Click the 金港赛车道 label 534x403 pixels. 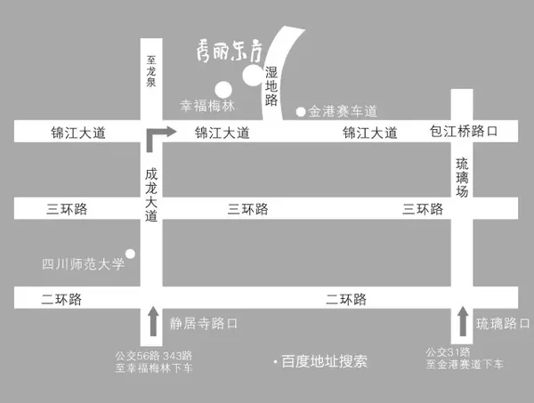343,111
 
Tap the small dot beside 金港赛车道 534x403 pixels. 301,111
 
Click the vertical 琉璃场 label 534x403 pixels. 461,177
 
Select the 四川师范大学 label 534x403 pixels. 81,263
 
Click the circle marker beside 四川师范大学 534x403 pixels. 131,254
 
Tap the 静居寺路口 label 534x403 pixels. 204,324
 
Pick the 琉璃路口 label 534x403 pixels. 502,322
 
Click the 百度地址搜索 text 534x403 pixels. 324,362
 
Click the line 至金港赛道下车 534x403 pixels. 463,366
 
